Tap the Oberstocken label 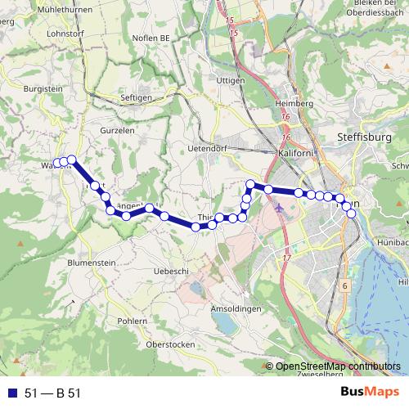pyautogui.click(x=169, y=344)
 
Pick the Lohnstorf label pyautogui.click(x=67, y=34)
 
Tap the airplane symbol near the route pyautogui.click(x=281, y=206)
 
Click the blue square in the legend pyautogui.click(x=11, y=393)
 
